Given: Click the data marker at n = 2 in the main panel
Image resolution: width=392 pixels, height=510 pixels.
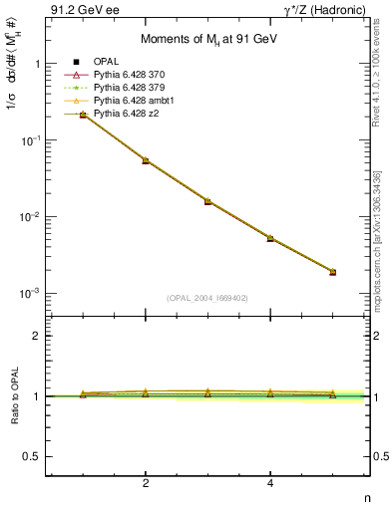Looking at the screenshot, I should (x=146, y=160).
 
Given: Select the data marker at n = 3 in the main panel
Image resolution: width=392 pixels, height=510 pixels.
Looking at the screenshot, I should (x=207, y=201).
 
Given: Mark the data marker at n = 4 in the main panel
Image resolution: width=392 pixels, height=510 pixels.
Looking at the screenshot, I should (x=270, y=239).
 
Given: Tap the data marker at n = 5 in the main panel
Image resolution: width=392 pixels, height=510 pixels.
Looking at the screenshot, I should (x=332, y=272).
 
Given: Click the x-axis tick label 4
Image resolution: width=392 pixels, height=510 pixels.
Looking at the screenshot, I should (x=270, y=483).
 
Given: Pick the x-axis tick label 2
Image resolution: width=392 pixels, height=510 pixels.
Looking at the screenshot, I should (x=146, y=483).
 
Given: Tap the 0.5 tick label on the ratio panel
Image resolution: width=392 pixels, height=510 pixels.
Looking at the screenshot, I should (x=30, y=456).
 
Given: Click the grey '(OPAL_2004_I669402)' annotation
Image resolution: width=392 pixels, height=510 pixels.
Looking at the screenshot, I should (x=206, y=296).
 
